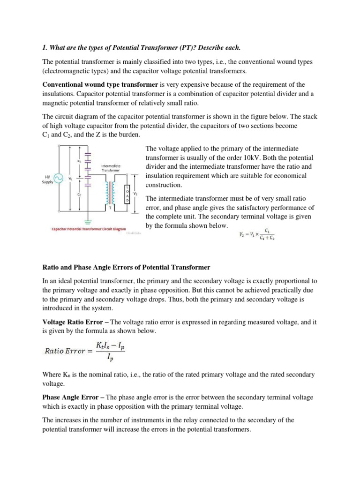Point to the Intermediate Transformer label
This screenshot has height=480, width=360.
click(111, 168)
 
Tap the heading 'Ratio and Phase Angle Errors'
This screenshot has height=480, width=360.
click(127, 267)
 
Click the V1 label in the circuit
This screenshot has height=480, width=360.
click(71, 179)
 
